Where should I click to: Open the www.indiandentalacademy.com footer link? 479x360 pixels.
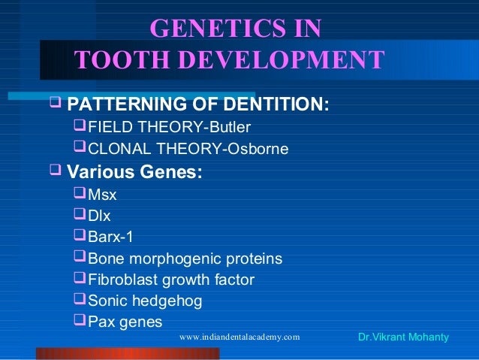(239, 337)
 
